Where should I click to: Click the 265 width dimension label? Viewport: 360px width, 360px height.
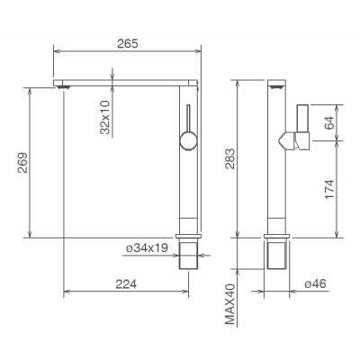(x=128, y=44)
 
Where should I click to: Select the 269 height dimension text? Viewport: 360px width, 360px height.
(x=22, y=163)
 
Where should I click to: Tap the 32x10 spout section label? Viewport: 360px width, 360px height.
(x=105, y=118)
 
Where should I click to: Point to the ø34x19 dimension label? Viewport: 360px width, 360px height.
(x=147, y=248)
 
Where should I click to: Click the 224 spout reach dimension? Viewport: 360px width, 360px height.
(x=126, y=284)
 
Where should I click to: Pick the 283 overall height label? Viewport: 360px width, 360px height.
(x=230, y=158)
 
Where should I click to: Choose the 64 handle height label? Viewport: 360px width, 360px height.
(x=329, y=122)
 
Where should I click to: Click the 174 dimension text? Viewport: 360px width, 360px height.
(x=329, y=189)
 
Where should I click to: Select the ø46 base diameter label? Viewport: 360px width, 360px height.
(x=315, y=283)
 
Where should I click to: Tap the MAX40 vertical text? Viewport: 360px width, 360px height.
(x=230, y=304)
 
